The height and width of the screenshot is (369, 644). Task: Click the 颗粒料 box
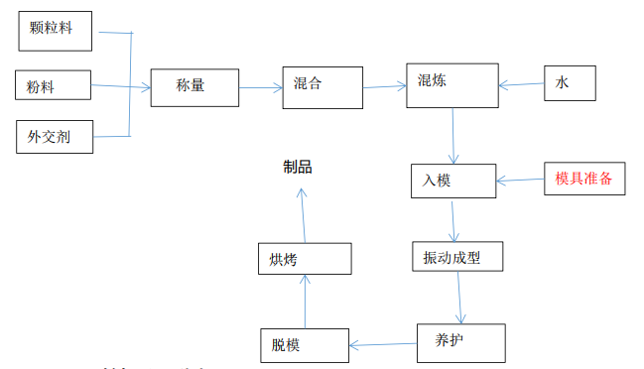[x=56, y=29]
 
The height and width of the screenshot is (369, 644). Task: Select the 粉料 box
[x=55, y=85]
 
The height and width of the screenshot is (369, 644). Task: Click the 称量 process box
[x=194, y=87]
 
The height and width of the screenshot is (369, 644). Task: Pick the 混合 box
[x=322, y=84]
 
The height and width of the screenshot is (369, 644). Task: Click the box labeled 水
[x=570, y=83]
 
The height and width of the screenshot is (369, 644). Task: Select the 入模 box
[x=452, y=180]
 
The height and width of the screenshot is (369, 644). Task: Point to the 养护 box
[x=461, y=341]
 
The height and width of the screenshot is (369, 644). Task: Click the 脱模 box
[x=304, y=344]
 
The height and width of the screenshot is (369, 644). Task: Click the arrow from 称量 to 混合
[x=260, y=87]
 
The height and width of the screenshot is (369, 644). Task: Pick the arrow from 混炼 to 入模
[x=453, y=134]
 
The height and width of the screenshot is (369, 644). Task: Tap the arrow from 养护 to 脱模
[x=382, y=344]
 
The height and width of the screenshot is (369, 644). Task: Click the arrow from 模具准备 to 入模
[x=520, y=181]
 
